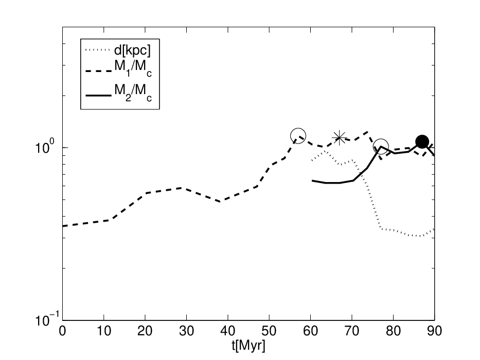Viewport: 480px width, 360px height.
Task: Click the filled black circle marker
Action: (422, 141)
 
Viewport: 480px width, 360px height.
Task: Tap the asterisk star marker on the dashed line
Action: (339, 137)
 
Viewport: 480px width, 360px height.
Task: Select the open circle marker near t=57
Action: (298, 136)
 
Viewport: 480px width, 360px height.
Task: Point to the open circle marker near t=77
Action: (381, 147)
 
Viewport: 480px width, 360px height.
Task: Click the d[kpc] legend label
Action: (132, 50)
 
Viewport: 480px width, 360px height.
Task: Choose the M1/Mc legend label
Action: (133, 68)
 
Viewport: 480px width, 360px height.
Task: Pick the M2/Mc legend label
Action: (133, 93)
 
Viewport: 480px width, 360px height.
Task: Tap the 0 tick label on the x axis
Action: (62, 331)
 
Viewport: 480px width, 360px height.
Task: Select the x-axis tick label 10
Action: (104, 331)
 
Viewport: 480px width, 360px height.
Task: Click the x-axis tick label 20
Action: (145, 331)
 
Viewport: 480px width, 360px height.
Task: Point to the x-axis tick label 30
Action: (186, 331)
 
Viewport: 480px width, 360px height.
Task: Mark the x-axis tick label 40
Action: (228, 331)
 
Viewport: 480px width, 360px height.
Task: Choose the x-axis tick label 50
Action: (269, 331)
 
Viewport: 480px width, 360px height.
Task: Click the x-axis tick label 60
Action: (310, 331)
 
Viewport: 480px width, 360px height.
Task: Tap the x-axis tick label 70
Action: (352, 331)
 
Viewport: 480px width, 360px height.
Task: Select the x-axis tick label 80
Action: (393, 331)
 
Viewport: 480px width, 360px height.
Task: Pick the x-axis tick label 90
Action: (434, 331)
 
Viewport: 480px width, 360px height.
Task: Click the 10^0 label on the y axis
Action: (45, 147)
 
